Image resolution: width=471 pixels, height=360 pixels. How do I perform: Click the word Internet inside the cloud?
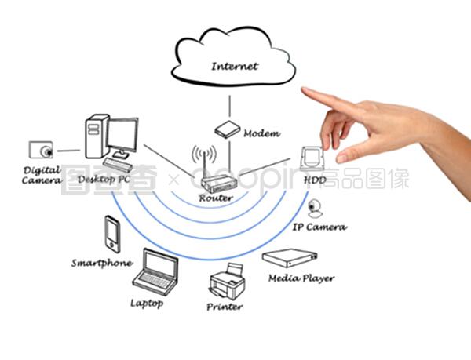pos(234,67)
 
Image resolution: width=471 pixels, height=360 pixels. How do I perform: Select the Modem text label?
pos(261,133)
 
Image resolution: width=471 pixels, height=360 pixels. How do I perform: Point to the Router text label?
pos(215,198)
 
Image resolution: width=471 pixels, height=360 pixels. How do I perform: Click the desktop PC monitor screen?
pos(122,137)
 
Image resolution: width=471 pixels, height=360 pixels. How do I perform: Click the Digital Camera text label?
pos(41,175)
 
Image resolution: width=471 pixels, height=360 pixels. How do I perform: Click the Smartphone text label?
pos(101,263)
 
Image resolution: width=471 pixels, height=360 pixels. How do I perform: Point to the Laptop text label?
pos(147,302)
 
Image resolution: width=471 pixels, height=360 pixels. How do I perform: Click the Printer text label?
pos(225,307)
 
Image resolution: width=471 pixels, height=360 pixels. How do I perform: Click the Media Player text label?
pos(301,278)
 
